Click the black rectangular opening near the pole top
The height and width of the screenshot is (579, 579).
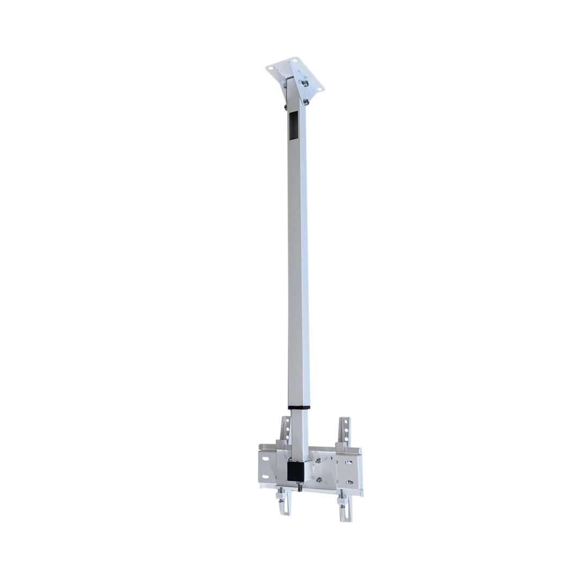294,126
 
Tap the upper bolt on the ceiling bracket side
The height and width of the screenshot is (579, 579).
305,83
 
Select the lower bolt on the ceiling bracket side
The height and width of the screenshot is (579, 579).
306,101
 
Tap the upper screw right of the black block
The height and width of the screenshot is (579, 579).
319,461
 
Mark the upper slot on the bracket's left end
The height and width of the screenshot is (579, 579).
265,461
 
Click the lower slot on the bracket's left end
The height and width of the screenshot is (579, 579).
265,478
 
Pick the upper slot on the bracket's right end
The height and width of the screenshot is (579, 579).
349,462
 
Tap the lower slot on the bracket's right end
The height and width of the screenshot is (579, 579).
349,482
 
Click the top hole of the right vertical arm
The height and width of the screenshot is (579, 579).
345,423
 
